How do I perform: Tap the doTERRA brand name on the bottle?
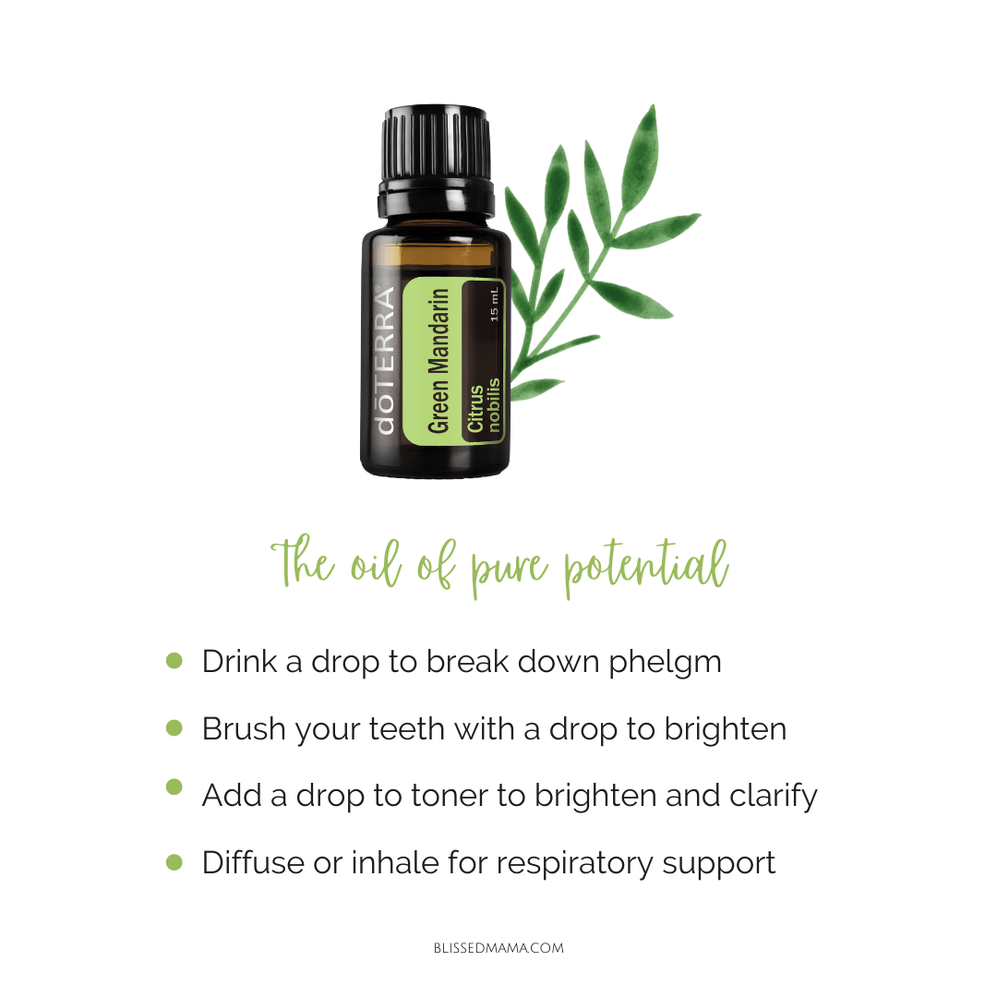pos(385,360)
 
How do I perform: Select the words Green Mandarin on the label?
pos(438,361)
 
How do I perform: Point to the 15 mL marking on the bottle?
pos(495,304)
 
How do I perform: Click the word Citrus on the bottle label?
pos(475,409)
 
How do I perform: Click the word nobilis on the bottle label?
pos(494,405)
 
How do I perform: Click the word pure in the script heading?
pos(509,567)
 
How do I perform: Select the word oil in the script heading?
pos(376,562)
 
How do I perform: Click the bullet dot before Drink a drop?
pos(174,661)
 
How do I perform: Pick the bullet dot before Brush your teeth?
pos(174,727)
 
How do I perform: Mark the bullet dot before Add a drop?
pos(174,787)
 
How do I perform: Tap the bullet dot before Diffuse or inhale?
pos(174,862)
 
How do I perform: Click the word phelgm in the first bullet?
pos(665,663)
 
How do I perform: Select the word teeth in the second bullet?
pos(406,728)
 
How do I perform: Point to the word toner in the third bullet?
pos(450,796)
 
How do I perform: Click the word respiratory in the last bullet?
pos(574,864)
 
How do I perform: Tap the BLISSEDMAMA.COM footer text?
pos(498,948)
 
